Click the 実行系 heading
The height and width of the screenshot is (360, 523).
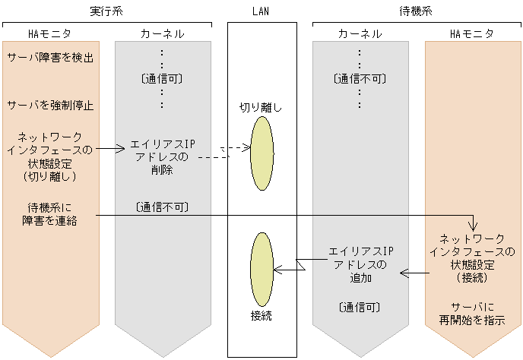[106, 12]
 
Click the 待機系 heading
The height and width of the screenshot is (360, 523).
[417, 12]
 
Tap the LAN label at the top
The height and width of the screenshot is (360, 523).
[261, 12]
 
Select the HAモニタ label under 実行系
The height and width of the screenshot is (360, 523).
[49, 34]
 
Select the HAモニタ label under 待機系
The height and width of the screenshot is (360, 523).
[472, 34]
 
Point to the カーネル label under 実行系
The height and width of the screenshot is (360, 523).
[162, 34]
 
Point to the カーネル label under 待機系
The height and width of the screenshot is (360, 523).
[360, 34]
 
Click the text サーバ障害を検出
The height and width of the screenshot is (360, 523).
[50, 58]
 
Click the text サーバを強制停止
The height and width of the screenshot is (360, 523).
[50, 105]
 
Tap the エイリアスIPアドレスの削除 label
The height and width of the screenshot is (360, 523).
[162, 156]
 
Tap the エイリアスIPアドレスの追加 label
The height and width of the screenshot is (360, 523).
[360, 264]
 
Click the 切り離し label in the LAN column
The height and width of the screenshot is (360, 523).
[261, 107]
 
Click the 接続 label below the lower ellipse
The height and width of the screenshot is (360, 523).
[261, 314]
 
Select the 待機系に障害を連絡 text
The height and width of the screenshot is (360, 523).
[50, 213]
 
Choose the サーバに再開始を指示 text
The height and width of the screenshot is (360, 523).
[472, 314]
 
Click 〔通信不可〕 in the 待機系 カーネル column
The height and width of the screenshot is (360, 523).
[360, 79]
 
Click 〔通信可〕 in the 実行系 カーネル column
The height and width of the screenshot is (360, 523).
[162, 79]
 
